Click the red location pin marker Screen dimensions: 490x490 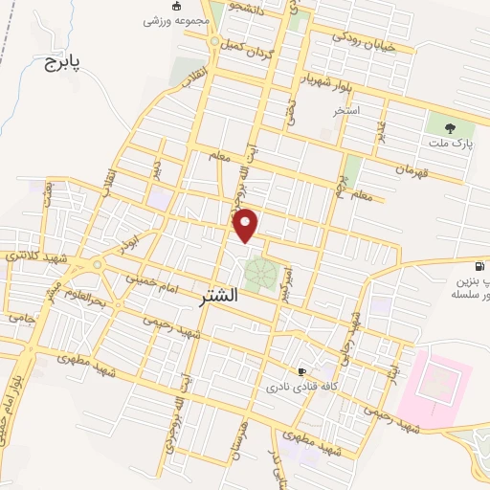247,224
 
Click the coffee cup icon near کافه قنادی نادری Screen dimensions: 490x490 302,371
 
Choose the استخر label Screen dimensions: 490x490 345,111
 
